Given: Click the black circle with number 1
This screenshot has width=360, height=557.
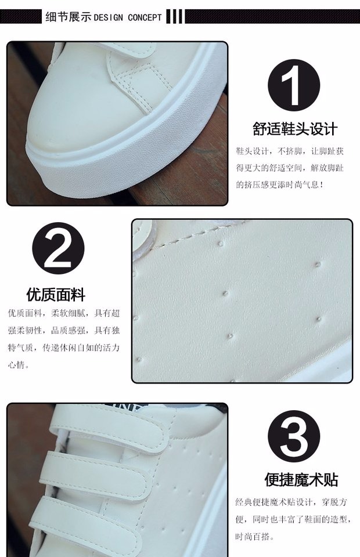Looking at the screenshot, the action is tap(294, 85).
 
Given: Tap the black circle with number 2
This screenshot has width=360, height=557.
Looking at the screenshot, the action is tap(58, 248).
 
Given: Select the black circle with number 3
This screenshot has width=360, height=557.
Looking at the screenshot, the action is tap(294, 436).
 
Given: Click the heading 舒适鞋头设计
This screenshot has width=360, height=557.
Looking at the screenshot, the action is tap(295, 129).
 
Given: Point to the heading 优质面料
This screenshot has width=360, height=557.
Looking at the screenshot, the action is tap(56, 295).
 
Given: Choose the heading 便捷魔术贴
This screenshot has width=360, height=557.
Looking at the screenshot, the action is tap(301, 480).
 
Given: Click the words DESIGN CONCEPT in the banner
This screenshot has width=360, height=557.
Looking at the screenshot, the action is tap(128, 17).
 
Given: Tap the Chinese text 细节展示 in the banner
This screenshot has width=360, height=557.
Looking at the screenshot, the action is tap(69, 17).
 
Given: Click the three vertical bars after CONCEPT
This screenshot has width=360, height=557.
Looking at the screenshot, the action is tap(175, 16).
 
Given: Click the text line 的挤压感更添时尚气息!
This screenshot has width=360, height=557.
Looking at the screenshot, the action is tap(280, 185).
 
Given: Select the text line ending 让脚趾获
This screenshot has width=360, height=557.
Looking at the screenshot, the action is tap(290, 151).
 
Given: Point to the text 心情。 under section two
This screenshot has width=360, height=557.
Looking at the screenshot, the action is tap(19, 364).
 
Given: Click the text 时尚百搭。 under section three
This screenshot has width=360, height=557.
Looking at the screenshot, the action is tap(254, 536).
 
